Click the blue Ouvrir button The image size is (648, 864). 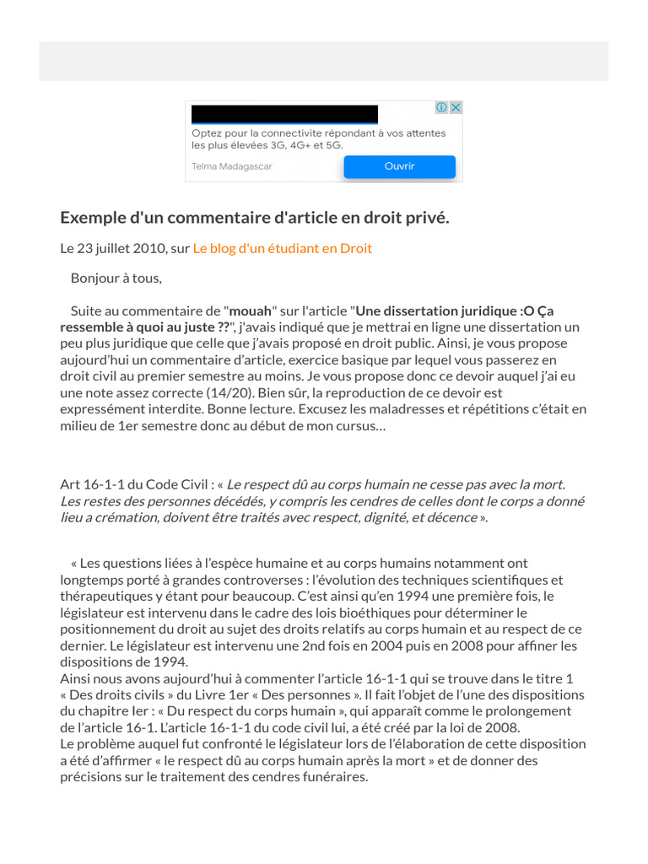pyautogui.click(x=399, y=166)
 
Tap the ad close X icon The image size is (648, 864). pyautogui.click(x=456, y=107)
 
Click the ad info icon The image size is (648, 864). pyautogui.click(x=441, y=107)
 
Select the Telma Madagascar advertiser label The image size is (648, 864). pyautogui.click(x=232, y=166)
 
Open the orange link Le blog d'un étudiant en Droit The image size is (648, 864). pyautogui.click(x=283, y=248)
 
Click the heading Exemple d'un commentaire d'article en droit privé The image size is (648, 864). pyautogui.click(x=255, y=218)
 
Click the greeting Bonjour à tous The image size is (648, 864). pyautogui.click(x=116, y=278)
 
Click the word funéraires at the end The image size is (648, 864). pyautogui.click(x=334, y=777)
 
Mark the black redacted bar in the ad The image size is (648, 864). pyautogui.click(x=284, y=114)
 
